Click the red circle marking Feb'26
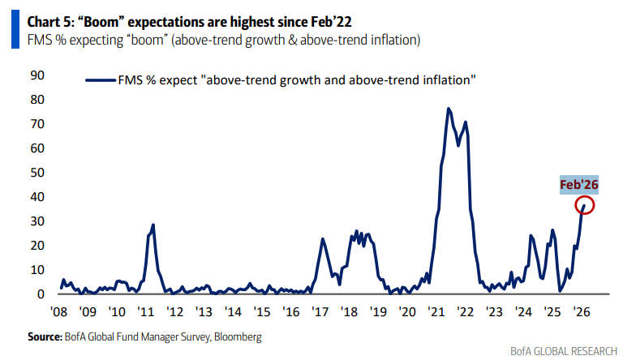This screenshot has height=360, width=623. point(586,205)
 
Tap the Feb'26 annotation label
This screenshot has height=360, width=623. point(578,185)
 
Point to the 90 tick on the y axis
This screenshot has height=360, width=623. point(37,75)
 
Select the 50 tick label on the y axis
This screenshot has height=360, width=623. point(37,173)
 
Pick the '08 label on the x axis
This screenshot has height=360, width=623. point(58,311)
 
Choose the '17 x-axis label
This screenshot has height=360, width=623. point(320,311)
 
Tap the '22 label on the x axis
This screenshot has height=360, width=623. point(466,311)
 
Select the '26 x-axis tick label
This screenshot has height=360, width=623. point(582,311)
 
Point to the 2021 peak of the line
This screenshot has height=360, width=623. point(448,108)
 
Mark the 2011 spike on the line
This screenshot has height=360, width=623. point(153,225)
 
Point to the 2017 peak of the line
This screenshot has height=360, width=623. point(322,238)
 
